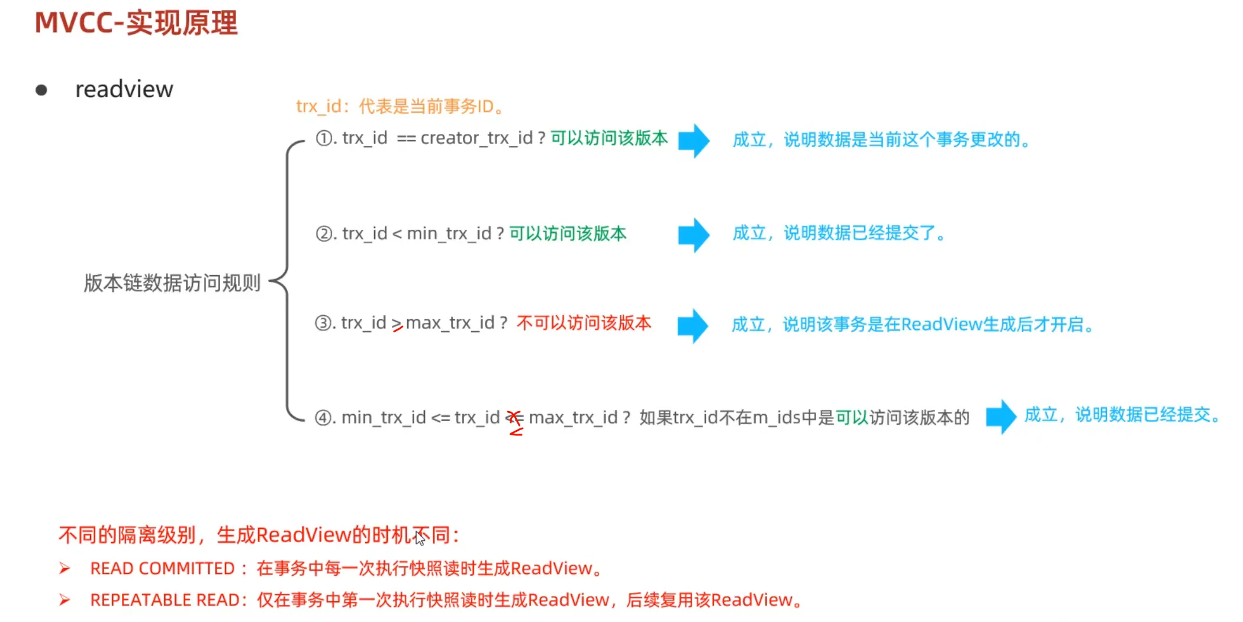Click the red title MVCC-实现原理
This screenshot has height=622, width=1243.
click(x=136, y=24)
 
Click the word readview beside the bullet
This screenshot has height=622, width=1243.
click(x=124, y=89)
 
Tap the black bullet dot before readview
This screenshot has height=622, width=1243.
click(x=41, y=90)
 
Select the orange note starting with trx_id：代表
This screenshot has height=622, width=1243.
click(x=400, y=107)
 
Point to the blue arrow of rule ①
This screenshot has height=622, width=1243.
click(x=694, y=140)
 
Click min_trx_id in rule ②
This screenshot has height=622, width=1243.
click(x=449, y=233)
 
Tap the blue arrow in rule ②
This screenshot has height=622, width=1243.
click(x=694, y=235)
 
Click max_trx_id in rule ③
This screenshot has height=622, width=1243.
click(x=450, y=323)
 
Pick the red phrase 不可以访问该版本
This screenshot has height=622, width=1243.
click(x=584, y=323)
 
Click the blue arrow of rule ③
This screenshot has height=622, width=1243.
click(x=693, y=326)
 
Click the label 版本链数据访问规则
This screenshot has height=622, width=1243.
click(x=172, y=283)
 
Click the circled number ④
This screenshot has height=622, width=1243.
click(x=323, y=418)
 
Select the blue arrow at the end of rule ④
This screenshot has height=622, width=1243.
click(x=1001, y=416)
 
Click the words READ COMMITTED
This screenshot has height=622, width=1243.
click(x=163, y=569)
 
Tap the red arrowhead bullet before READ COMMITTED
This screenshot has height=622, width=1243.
click(x=65, y=569)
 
